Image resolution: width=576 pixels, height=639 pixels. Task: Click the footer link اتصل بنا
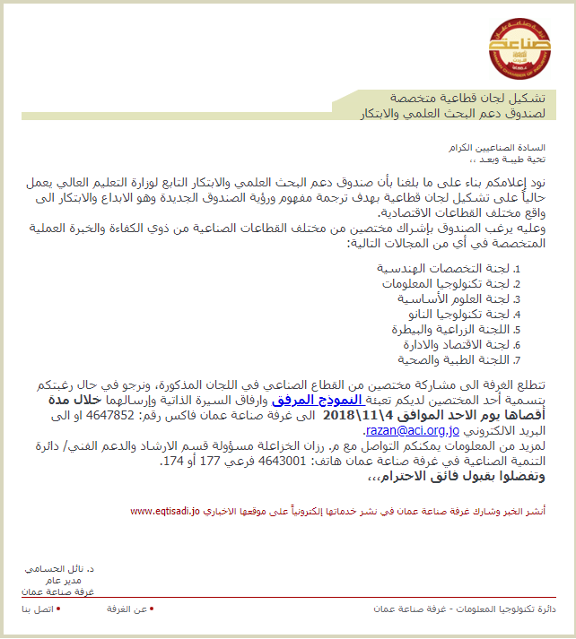[38, 609]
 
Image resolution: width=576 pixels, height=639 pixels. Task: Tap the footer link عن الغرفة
[126, 609]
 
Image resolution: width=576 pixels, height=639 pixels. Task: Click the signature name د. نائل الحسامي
[60, 569]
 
